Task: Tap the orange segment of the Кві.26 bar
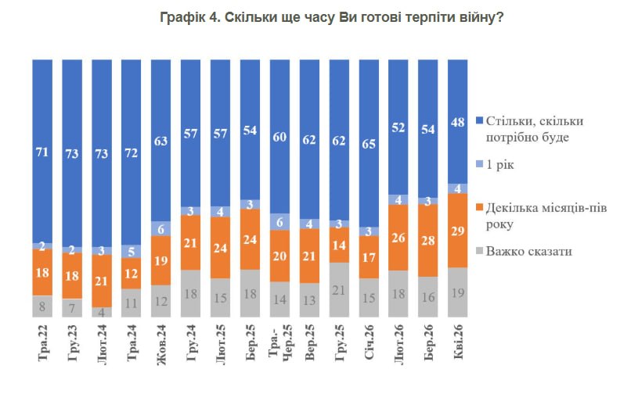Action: tap(458, 231)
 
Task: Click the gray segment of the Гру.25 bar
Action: tap(339, 289)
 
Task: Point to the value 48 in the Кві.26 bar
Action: tap(458, 121)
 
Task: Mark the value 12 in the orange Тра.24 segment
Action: tap(132, 274)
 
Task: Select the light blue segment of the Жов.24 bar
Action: tap(161, 230)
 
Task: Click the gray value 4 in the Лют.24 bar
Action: tap(102, 312)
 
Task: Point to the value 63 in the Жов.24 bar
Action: tap(161, 142)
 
